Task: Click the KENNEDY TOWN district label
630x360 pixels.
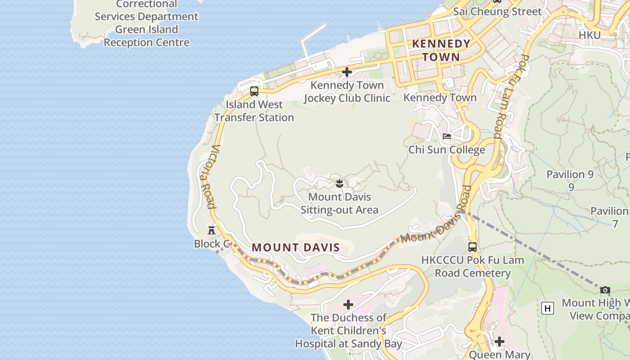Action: [441, 50]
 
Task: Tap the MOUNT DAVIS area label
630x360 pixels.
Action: [296, 247]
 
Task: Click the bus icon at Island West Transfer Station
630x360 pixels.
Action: [254, 91]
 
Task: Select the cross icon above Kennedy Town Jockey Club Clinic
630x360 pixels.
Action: [346, 72]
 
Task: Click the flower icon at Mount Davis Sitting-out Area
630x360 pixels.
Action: [339, 183]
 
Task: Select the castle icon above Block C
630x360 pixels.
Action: [211, 230]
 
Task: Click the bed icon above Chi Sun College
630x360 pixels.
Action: [446, 136]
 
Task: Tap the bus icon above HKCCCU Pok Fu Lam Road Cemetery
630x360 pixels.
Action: [472, 247]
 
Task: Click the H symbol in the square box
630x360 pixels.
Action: [547, 308]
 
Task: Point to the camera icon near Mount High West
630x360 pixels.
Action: [605, 290]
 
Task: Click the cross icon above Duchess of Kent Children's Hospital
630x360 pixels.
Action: [348, 305]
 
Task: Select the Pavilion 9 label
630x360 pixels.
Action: [570, 175]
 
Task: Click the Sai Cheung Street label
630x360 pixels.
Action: [497, 12]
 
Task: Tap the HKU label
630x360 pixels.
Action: [589, 35]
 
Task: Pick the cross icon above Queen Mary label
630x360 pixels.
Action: [499, 342]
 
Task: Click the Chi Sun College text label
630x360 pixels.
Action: [446, 150]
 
